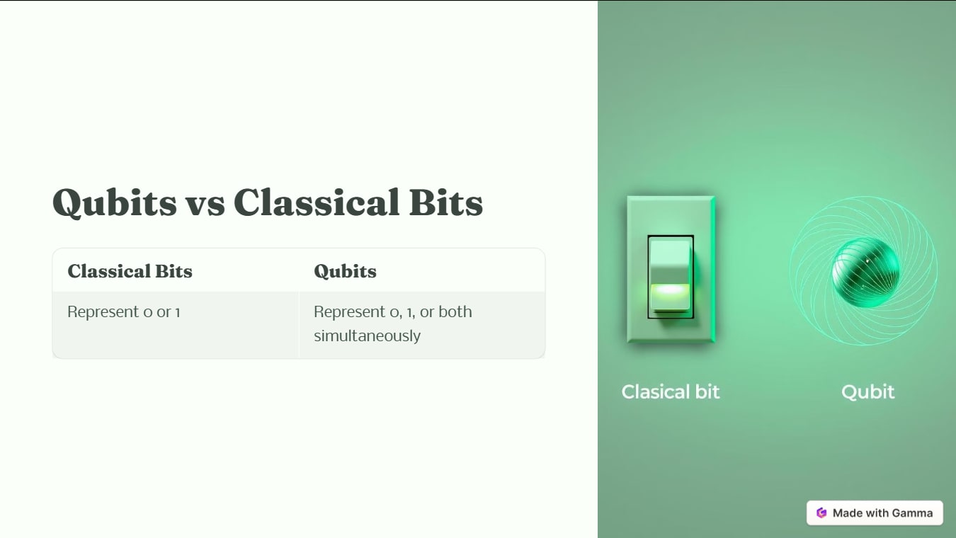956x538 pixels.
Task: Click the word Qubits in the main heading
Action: [x=114, y=202]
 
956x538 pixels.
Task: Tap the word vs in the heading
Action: [x=205, y=204]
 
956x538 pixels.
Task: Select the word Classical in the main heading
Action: [x=306, y=202]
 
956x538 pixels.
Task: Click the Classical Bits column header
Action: [x=130, y=271]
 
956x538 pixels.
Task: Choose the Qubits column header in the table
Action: [x=345, y=271]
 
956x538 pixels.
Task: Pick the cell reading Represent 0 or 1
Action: [x=124, y=311]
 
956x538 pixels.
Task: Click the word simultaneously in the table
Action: [x=367, y=336]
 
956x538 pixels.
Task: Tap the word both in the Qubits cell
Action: [x=455, y=311]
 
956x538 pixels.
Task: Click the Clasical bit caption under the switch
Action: [x=670, y=392]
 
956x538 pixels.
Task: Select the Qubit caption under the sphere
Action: [x=867, y=392]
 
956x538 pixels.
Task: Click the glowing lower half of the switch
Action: [x=670, y=296]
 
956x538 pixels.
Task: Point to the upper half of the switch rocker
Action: [x=670, y=256]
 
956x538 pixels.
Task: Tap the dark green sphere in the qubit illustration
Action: [x=865, y=273]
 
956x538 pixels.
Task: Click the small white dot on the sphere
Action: [x=868, y=261]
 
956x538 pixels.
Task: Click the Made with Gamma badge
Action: [x=875, y=513]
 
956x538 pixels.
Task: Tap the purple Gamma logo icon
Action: [x=821, y=513]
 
